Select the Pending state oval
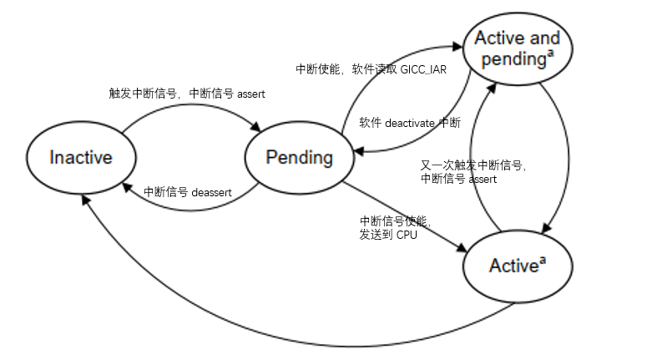[x=299, y=158]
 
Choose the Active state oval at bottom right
[x=518, y=266]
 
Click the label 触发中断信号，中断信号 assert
[x=187, y=94]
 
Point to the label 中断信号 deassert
[x=187, y=191]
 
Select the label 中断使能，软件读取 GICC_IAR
[x=371, y=69]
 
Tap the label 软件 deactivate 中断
[x=409, y=123]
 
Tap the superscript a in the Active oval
[x=542, y=261]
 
